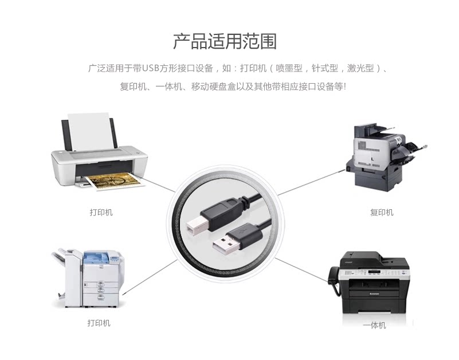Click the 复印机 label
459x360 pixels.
382,213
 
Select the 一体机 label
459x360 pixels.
374,326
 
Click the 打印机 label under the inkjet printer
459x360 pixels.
101,213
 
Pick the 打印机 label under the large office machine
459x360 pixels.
99,323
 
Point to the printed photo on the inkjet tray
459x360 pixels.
113,182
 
